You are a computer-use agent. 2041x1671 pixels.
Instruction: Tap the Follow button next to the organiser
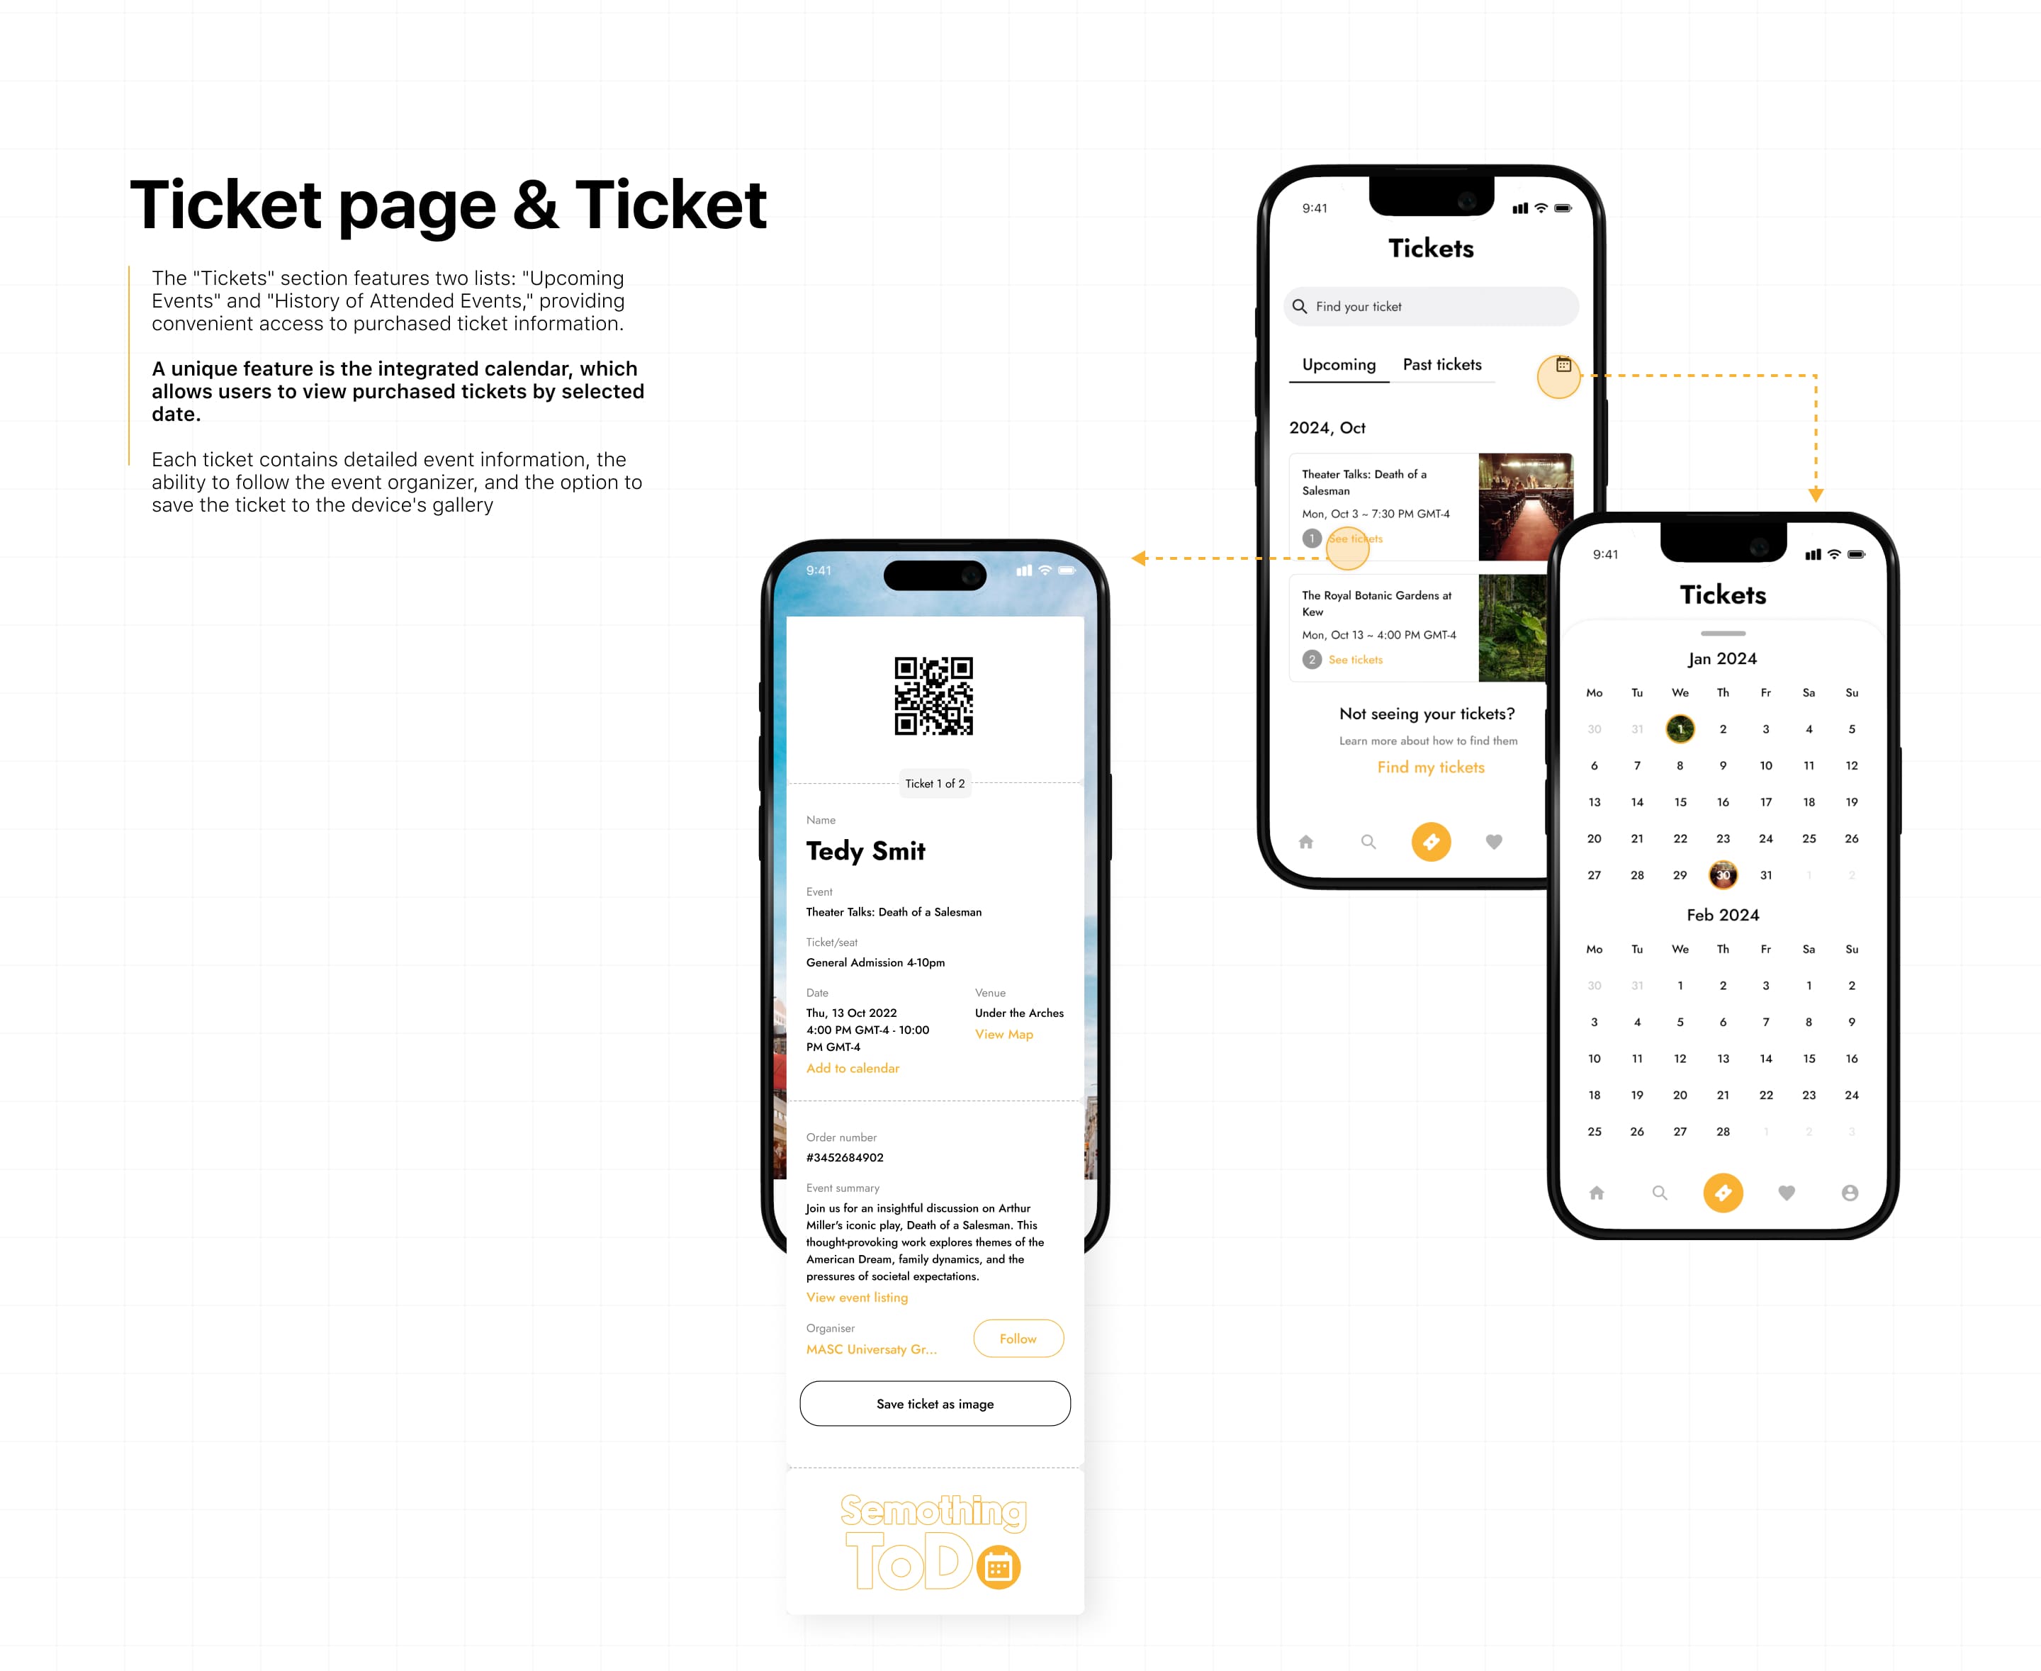1018,1338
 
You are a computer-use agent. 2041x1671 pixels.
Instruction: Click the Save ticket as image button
935,1403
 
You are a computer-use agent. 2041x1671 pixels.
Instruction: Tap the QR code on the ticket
934,696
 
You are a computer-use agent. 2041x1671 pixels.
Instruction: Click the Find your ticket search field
1431,306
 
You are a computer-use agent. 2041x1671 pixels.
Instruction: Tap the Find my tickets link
1431,767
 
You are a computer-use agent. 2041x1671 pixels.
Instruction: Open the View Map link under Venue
1003,1034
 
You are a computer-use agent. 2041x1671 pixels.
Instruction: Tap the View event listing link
857,1298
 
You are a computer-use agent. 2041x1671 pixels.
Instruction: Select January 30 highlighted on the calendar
1722,875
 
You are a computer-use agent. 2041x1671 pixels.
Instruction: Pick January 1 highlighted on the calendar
1680,728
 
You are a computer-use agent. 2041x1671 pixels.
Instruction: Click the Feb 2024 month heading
1722,914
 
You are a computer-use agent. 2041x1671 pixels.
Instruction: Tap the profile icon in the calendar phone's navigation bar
1850,1193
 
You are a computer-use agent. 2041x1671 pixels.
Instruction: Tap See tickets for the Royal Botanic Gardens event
1356,659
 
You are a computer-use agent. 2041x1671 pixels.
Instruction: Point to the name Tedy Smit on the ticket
865,851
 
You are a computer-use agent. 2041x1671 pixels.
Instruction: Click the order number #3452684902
844,1158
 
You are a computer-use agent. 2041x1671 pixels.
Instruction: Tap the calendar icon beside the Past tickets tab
1563,366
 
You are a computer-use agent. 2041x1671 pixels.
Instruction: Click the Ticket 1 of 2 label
935,784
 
